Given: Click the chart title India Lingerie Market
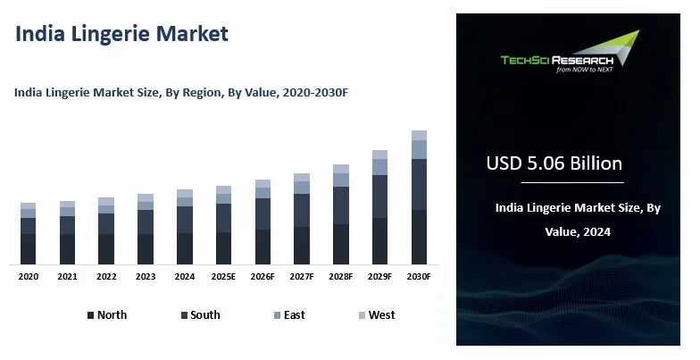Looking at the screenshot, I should [122, 35].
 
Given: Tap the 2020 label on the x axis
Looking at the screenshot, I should [29, 277].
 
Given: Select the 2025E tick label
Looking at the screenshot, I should [223, 277].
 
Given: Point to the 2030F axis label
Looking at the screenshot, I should [419, 277].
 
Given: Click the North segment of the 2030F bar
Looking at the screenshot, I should [419, 237].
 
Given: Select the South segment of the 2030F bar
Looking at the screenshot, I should [419, 184].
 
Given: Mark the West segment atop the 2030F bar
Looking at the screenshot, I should [419, 135].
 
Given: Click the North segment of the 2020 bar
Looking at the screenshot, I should [29, 248].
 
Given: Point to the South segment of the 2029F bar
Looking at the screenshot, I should [379, 197].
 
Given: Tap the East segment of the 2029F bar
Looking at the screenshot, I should [379, 167].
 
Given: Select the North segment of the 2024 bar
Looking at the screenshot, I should [185, 248].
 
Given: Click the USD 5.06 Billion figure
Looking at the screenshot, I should [554, 164].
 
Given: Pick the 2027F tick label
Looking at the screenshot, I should [302, 277].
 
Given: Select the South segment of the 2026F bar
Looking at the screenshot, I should [262, 213].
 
